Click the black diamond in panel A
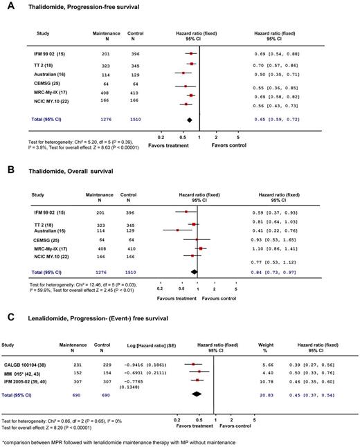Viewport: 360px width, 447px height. [x=188, y=120]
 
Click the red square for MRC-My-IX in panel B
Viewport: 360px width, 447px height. [x=201, y=248]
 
